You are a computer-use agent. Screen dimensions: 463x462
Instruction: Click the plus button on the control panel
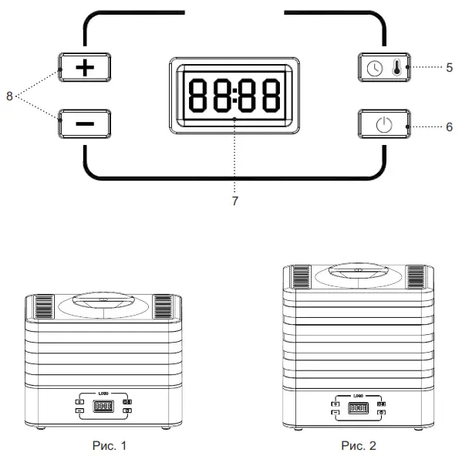[85, 68]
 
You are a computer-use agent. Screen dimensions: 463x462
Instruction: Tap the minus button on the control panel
[85, 123]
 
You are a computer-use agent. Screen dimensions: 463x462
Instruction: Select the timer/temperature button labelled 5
[384, 68]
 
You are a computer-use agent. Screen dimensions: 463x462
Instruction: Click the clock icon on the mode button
[374, 68]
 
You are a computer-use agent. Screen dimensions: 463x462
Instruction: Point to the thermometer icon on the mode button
[396, 68]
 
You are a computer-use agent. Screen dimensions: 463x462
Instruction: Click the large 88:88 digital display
[235, 95]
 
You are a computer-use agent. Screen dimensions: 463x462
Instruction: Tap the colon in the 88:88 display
[235, 95]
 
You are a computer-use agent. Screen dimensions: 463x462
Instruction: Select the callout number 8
[9, 96]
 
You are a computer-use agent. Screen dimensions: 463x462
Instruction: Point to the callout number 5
[449, 67]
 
